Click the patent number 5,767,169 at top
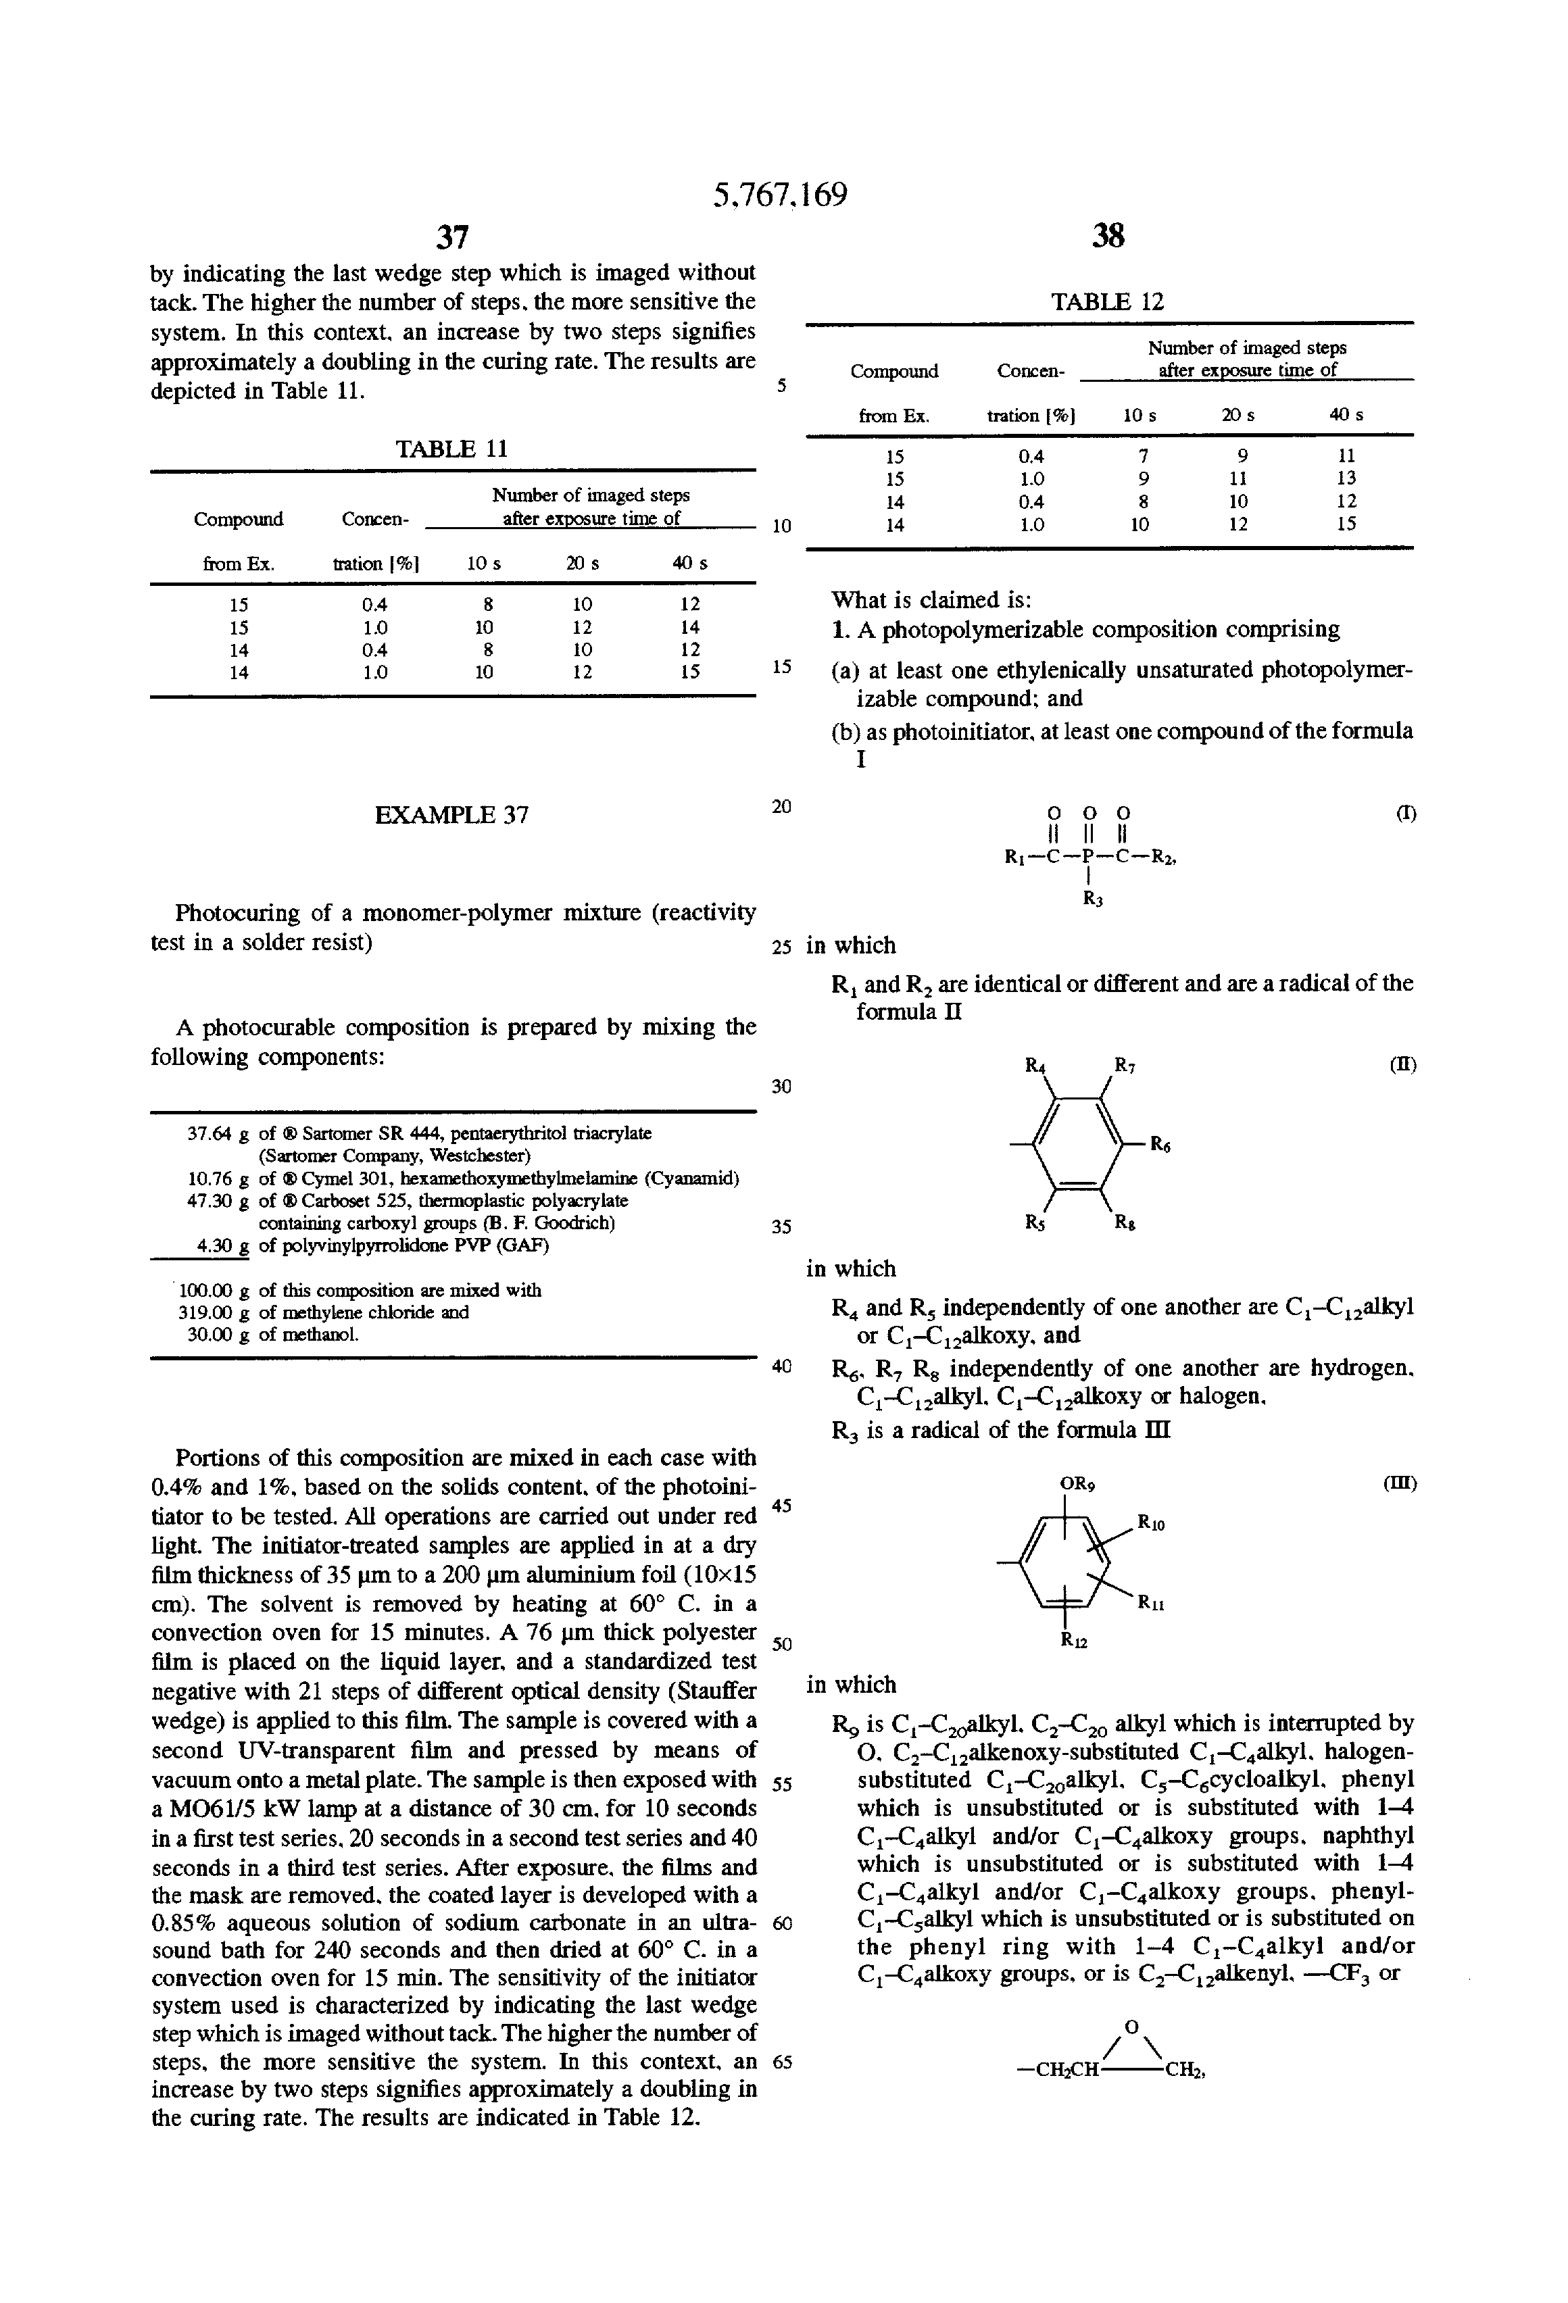[780, 194]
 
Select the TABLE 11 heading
[452, 449]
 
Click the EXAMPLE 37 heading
[452, 814]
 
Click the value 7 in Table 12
[1143, 456]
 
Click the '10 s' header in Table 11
[484, 563]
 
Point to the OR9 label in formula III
[1077, 1485]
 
